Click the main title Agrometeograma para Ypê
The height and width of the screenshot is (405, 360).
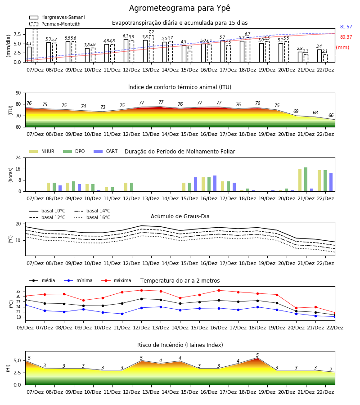click(x=180, y=8)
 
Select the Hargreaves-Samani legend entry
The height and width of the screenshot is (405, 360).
click(x=57, y=17)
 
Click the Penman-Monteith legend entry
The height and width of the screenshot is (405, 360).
click(x=55, y=24)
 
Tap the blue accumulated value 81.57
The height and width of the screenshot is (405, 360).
click(x=346, y=27)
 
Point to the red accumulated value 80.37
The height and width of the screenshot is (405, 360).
click(x=346, y=37)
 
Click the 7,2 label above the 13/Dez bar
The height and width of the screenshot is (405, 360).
click(x=151, y=32)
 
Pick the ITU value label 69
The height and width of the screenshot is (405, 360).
click(x=296, y=111)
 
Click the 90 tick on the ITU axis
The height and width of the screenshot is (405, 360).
click(x=18, y=93)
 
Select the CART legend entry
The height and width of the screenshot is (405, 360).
click(x=106, y=151)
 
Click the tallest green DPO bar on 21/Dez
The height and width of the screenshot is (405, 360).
click(x=306, y=180)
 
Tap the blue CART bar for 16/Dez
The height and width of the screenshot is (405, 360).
click(x=215, y=184)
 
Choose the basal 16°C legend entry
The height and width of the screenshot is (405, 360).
click(x=92, y=217)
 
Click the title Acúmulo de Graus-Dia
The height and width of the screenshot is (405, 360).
click(x=180, y=216)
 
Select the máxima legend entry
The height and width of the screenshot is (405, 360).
click(x=116, y=280)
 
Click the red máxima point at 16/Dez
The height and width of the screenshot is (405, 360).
click(x=219, y=290)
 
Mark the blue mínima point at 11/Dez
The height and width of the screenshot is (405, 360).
click(x=122, y=314)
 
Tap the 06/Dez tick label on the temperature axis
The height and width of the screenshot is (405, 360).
click(x=25, y=328)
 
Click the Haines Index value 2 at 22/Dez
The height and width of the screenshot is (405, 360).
click(x=331, y=369)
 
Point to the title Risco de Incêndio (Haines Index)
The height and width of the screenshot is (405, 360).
click(x=180, y=345)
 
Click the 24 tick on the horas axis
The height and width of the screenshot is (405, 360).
click(x=18, y=157)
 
